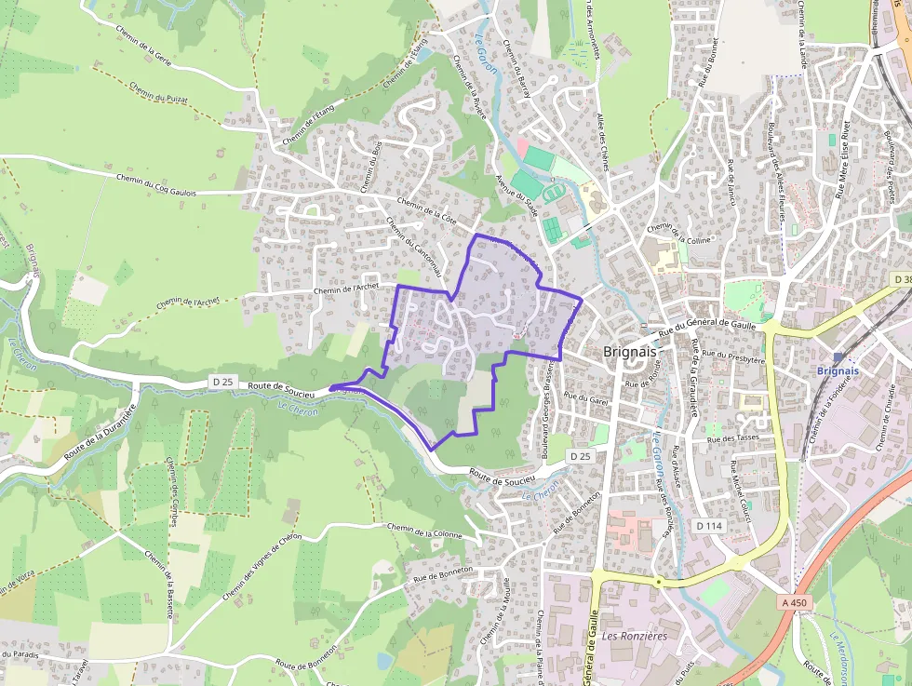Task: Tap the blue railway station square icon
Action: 838,356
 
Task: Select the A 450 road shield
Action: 794,603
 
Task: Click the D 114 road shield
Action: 709,526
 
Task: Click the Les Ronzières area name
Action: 635,637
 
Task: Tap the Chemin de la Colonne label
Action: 424,531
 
